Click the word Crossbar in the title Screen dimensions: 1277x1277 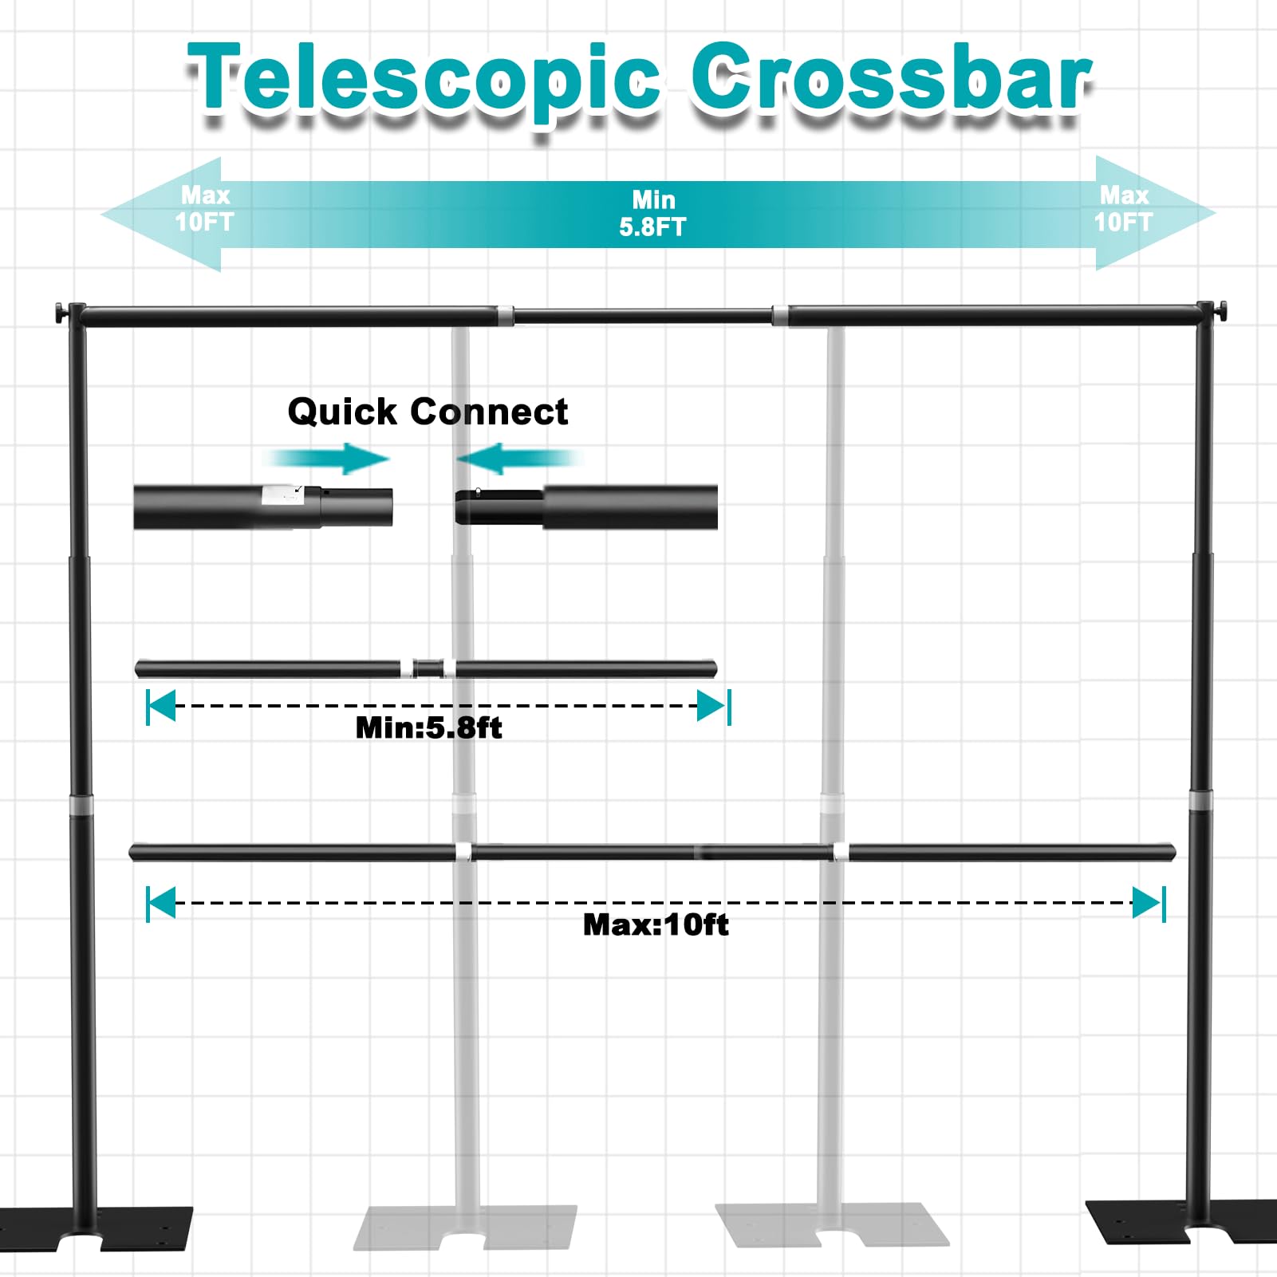(891, 77)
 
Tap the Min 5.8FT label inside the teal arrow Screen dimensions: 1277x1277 (652, 213)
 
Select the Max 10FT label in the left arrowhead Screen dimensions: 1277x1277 (204, 208)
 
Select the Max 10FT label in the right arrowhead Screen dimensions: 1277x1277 (1123, 208)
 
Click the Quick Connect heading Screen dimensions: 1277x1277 (428, 412)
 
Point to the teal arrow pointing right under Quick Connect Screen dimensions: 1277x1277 (326, 459)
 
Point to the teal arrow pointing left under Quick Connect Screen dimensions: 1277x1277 (518, 459)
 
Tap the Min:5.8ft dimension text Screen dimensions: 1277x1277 (428, 727)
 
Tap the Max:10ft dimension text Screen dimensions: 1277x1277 (656, 924)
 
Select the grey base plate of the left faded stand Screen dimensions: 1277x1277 (466, 1228)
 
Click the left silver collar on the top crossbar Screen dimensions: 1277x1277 (504, 316)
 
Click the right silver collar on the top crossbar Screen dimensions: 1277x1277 (780, 315)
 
